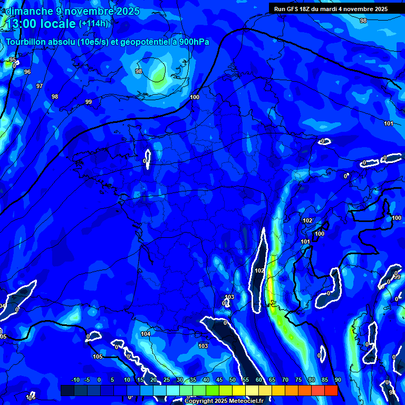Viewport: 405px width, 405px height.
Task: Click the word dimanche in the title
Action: (x=28, y=11)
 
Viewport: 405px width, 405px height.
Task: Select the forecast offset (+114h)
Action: (x=93, y=24)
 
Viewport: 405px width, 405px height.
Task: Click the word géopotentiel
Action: (x=142, y=42)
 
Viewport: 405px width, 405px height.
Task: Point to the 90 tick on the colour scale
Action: (x=337, y=380)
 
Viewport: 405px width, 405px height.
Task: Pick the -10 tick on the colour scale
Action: (x=75, y=380)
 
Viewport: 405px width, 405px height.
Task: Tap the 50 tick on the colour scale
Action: (x=233, y=380)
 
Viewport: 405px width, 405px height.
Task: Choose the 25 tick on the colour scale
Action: (x=167, y=380)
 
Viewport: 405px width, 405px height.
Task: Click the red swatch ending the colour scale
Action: (x=331, y=390)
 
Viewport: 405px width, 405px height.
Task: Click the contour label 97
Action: (x=40, y=86)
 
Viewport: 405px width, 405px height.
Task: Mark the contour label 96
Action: (x=27, y=72)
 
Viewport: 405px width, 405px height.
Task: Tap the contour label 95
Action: (x=13, y=60)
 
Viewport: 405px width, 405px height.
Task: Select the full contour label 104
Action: (x=146, y=334)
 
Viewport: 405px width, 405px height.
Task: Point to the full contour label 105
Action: (x=98, y=357)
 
